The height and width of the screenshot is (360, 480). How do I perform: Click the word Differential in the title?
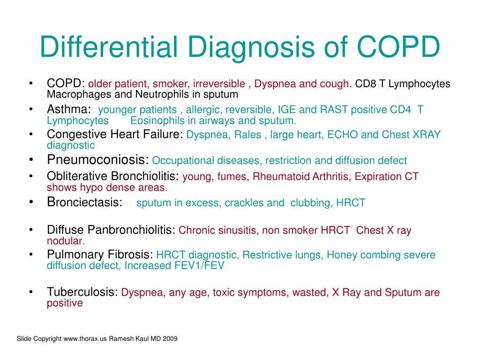[109, 46]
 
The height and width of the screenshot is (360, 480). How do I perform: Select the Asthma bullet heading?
[69, 109]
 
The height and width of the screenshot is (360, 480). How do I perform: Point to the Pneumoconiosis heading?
[97, 159]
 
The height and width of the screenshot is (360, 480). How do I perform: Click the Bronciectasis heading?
[84, 202]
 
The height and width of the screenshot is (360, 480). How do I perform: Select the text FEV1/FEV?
[199, 265]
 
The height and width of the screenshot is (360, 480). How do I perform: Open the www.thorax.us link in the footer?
[85, 338]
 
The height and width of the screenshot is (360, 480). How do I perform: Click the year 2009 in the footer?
[170, 338]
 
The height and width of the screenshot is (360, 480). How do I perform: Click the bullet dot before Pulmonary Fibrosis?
[31, 255]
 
